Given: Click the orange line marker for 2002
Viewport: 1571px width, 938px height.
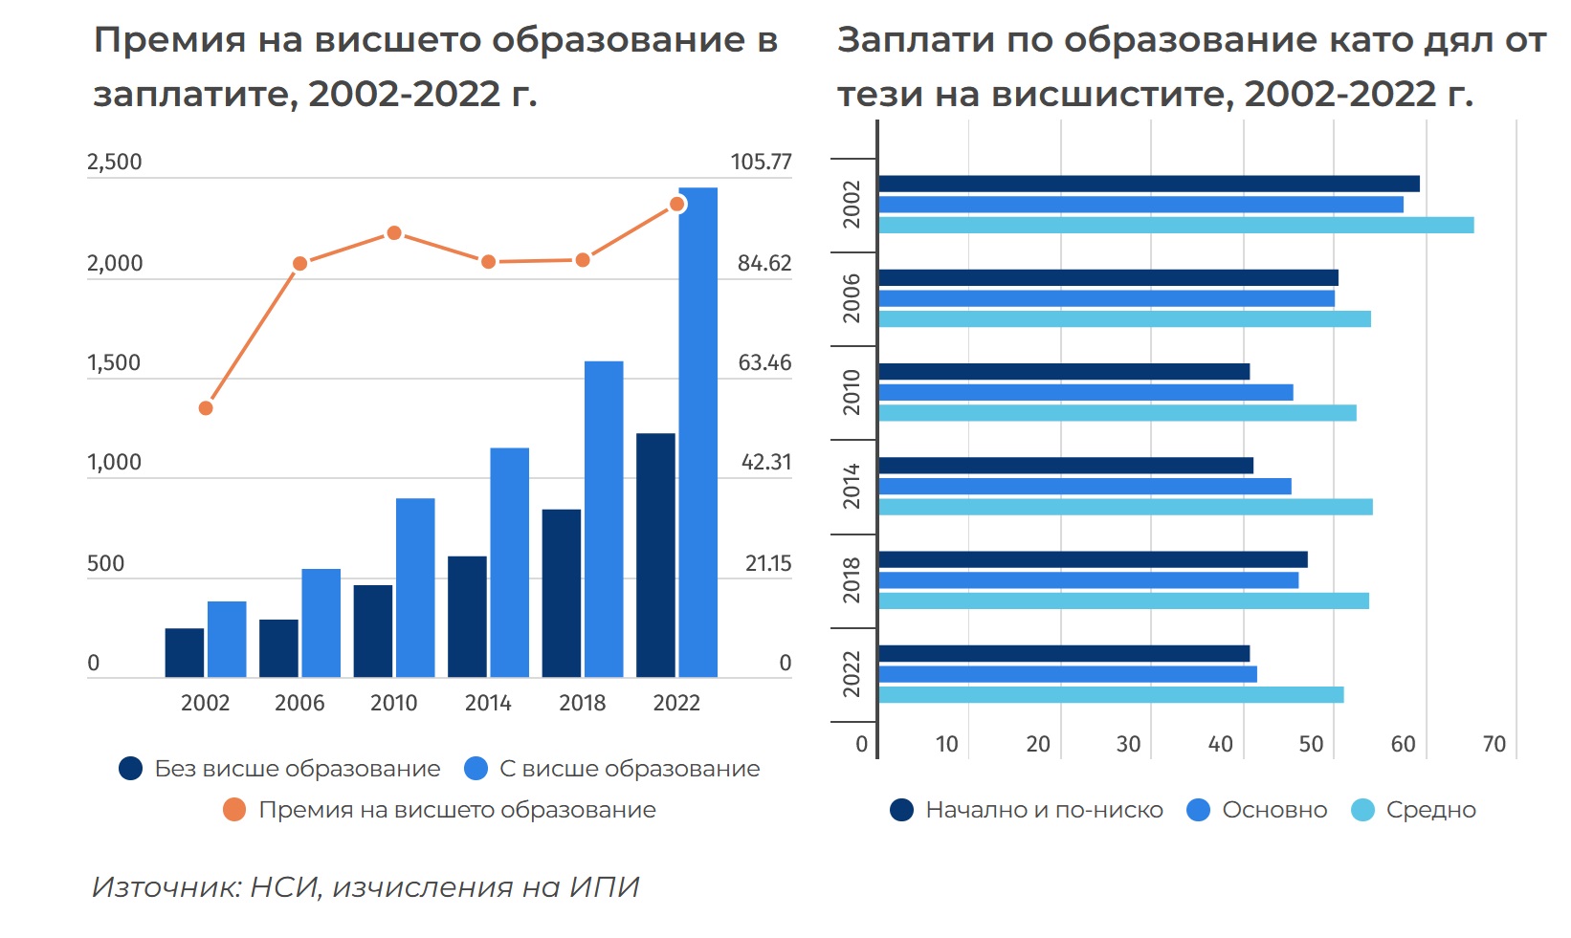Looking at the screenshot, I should (x=206, y=408).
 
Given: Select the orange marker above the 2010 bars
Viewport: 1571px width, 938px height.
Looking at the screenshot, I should (x=394, y=233).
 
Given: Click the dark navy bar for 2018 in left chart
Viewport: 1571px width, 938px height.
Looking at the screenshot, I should (x=561, y=593).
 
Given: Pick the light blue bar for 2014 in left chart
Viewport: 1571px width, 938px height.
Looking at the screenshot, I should (x=510, y=562).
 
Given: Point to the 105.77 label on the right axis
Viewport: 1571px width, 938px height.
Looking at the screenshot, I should (x=761, y=162).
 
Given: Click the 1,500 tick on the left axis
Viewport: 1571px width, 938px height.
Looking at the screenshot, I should (x=114, y=363).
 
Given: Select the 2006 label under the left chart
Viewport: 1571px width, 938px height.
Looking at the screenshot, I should (x=299, y=704).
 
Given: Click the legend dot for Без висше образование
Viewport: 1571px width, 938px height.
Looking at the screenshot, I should (x=130, y=769).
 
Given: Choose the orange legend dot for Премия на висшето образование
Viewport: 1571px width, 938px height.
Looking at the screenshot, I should (x=234, y=810).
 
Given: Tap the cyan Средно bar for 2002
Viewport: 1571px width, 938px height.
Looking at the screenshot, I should (x=1176, y=226).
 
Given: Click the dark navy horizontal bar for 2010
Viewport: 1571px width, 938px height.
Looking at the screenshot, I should (x=1064, y=372).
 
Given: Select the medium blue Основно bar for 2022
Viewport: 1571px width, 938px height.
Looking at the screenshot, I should (x=1068, y=674).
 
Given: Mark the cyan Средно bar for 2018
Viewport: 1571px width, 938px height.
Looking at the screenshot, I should (x=1123, y=600).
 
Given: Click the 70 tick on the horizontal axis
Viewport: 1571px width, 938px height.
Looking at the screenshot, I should (x=1494, y=744).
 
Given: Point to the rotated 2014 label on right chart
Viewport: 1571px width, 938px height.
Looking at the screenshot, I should (x=852, y=487).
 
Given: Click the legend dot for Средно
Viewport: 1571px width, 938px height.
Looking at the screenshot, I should (x=1362, y=810).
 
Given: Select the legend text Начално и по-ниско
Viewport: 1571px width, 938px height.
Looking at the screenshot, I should (x=1044, y=810).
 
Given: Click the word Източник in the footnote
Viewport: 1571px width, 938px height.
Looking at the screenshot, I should (x=166, y=887).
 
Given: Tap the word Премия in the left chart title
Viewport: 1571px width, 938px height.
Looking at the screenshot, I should (x=169, y=40).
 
